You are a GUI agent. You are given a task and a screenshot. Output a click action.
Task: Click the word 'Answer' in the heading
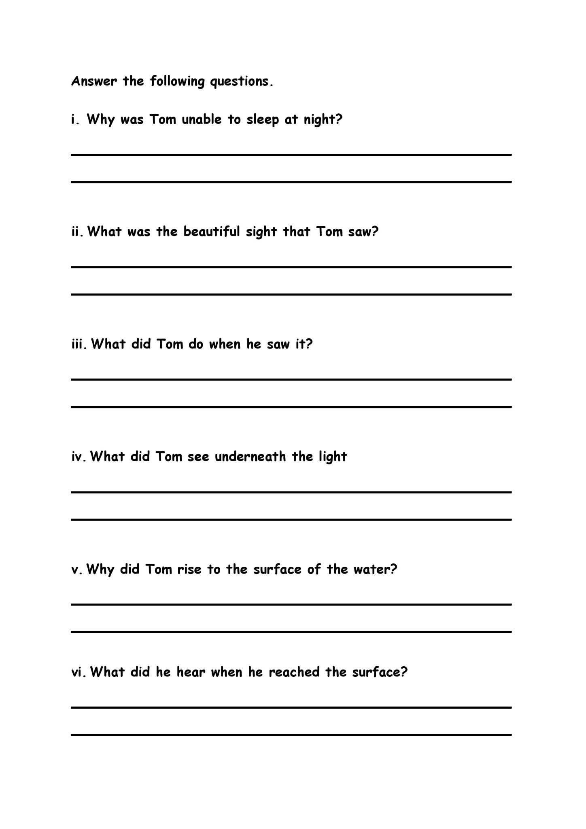[94, 81]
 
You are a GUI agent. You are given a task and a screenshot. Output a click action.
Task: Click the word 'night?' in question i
[323, 120]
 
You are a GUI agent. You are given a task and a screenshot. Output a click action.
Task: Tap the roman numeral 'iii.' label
[79, 344]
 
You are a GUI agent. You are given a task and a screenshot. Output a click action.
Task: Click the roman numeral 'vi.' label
[79, 673]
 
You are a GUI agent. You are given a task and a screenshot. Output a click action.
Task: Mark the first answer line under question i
[291, 155]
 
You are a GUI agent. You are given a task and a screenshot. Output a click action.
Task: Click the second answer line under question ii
[291, 294]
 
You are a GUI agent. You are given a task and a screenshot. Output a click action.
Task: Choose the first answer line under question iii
[291, 379]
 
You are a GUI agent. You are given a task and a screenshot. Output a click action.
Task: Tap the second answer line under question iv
[291, 519]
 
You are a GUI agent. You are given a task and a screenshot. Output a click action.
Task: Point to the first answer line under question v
[291, 604]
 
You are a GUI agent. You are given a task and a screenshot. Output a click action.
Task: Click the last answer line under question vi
[291, 735]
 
